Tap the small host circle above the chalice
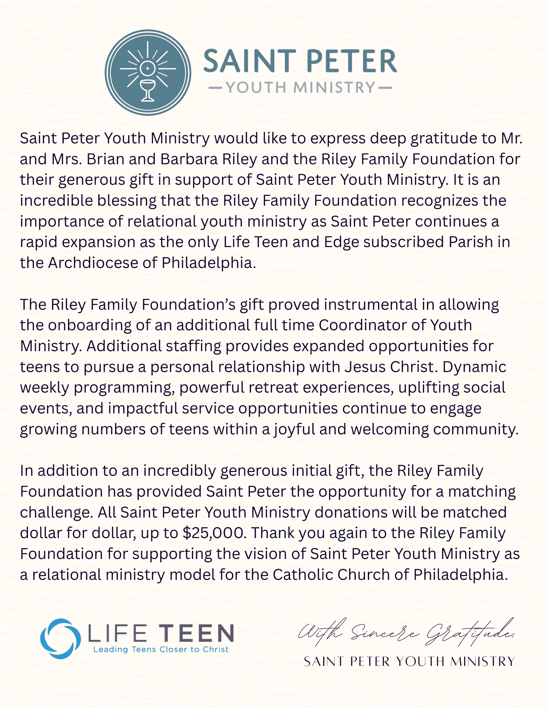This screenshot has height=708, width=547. [x=148, y=68]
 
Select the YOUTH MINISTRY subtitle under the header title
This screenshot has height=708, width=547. [x=300, y=87]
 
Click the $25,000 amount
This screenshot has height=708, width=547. [x=215, y=533]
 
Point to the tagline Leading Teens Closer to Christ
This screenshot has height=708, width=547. [x=161, y=650]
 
